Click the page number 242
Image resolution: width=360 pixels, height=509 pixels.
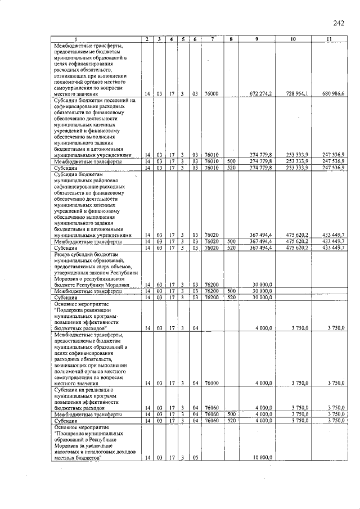pos(338,23)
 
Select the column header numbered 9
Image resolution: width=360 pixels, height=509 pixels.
pos(256,39)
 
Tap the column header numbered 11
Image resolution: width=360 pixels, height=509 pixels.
pos(329,39)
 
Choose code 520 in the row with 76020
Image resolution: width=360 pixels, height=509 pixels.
pos(230,247)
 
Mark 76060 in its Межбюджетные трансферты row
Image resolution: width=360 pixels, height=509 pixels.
pos(211,414)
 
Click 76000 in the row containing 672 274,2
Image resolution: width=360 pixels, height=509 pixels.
pos(211,93)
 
